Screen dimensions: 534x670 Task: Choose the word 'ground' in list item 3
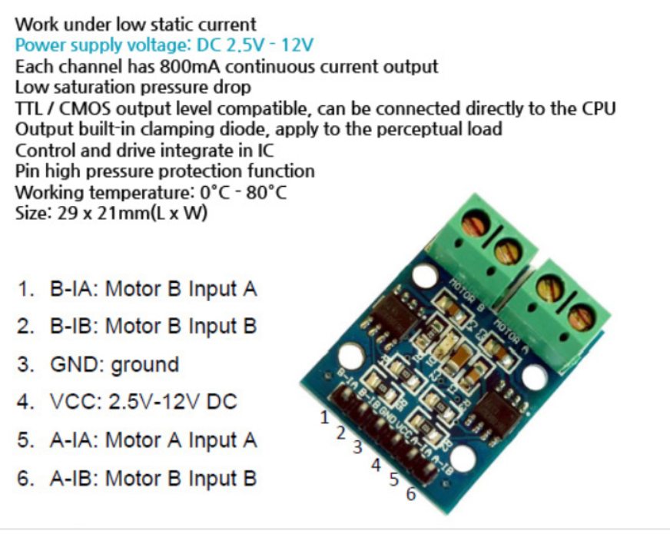pos(144,364)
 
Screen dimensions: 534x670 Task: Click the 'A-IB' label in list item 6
pos(71,478)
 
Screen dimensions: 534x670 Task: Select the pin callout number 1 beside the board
pos(324,418)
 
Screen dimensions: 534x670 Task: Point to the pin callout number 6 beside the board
pos(410,494)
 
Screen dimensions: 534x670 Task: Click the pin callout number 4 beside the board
pos(376,464)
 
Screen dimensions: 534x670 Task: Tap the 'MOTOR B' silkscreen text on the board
pos(461,292)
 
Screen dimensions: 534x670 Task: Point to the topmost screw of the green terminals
pos(473,224)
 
